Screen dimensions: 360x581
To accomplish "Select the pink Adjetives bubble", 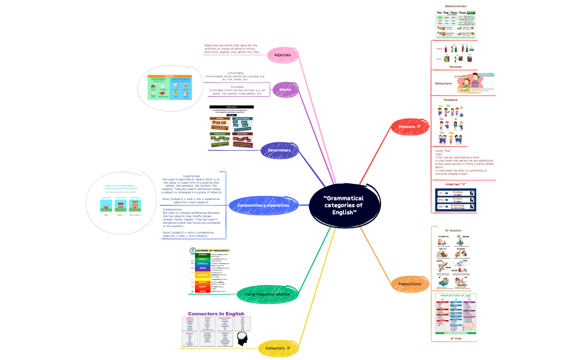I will coord(282,55).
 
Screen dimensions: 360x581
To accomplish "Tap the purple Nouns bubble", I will coord(286,89).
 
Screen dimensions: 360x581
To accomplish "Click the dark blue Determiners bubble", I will coord(279,150).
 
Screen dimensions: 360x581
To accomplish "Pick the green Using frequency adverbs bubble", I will coord(267,294).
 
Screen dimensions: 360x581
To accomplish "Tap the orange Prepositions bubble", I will coord(409,284).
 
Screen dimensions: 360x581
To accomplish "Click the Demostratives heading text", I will coord(455,6).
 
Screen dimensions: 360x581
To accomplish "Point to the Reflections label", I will coord(443,84).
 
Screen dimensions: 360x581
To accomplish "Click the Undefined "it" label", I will coord(455,184).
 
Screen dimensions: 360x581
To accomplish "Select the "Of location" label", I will coord(453,230).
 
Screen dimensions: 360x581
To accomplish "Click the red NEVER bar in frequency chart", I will coord(203,291).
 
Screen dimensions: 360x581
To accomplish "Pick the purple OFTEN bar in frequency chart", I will coord(203,268).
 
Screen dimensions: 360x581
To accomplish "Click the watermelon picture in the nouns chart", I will coord(162,93).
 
